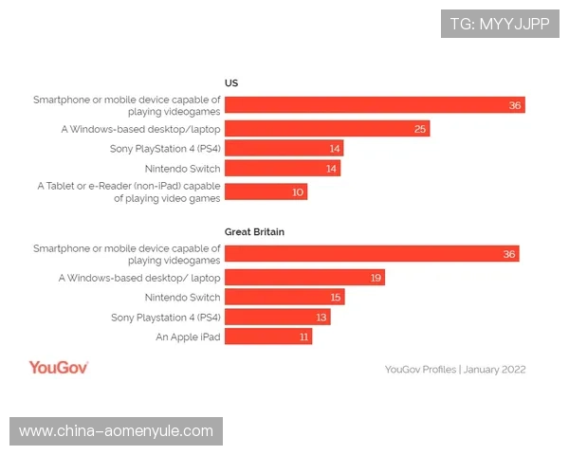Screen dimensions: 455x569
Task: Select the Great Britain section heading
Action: click(x=254, y=231)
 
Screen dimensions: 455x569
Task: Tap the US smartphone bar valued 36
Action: click(x=375, y=104)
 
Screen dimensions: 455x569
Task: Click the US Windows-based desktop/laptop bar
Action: click(x=327, y=128)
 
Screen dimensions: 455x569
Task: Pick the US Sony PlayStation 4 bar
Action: click(x=284, y=148)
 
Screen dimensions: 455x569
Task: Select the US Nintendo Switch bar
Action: click(x=283, y=169)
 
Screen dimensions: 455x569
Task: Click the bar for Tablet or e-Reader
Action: click(x=266, y=191)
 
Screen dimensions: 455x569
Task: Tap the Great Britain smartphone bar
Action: click(x=372, y=253)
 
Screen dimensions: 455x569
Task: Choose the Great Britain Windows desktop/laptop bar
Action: click(x=304, y=277)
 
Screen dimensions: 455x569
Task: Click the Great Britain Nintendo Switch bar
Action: click(x=284, y=297)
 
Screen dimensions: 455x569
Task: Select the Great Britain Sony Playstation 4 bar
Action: click(x=277, y=317)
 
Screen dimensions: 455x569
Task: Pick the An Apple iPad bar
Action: click(x=268, y=337)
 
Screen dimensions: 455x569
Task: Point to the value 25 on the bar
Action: click(x=420, y=128)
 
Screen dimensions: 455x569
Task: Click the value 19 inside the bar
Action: click(x=376, y=277)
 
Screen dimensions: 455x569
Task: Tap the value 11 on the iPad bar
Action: click(x=304, y=337)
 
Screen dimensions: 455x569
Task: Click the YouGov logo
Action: click(x=59, y=367)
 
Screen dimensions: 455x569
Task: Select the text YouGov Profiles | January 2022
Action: click(x=455, y=369)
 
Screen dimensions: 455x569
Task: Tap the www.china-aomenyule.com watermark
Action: click(x=117, y=431)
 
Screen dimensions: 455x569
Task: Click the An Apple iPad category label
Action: click(x=188, y=337)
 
